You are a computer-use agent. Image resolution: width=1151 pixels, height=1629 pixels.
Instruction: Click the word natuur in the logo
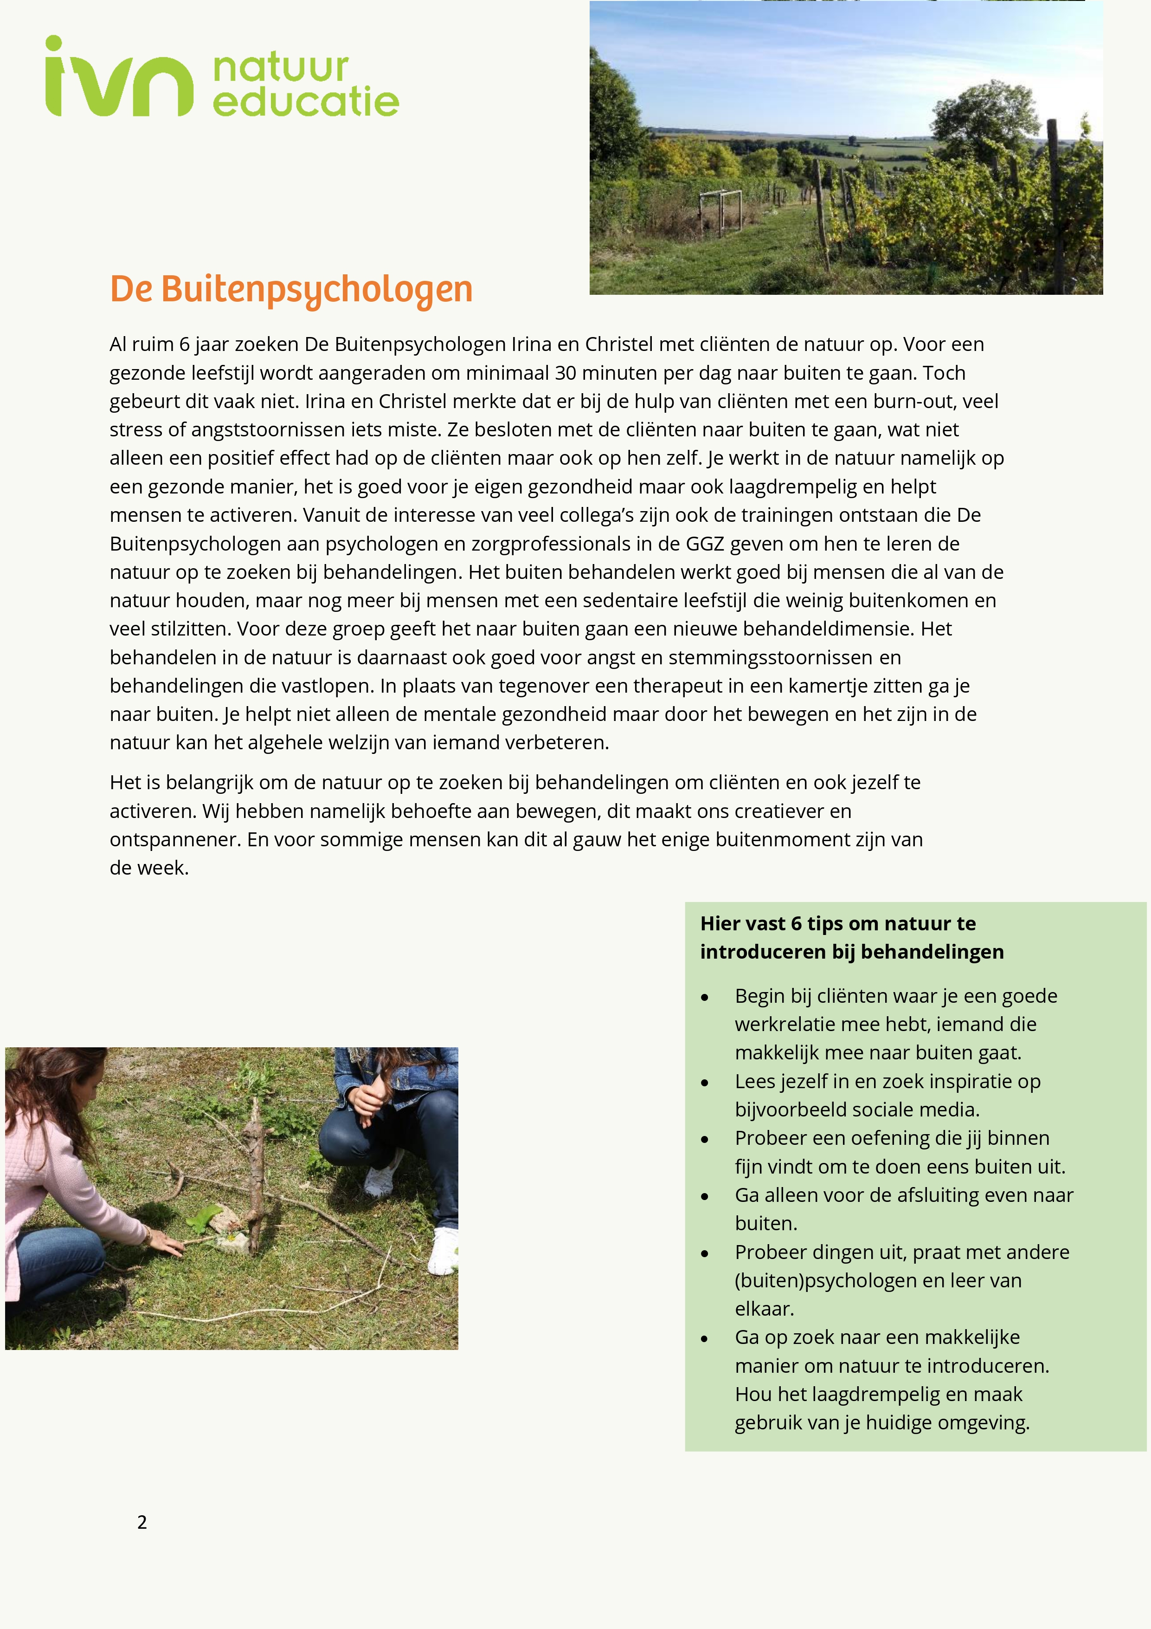point(280,68)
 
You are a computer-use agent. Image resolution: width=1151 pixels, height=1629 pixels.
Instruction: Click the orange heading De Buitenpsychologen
point(291,290)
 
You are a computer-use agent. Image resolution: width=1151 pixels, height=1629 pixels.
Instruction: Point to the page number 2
point(142,1522)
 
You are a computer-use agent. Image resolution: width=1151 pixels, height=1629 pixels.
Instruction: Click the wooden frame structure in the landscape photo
point(720,211)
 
